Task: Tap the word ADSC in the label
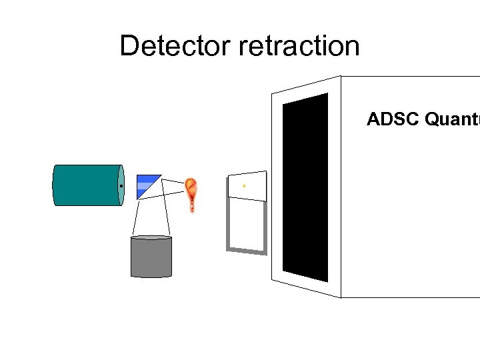point(386,119)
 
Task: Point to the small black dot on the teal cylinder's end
point(121,186)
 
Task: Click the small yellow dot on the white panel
point(244,185)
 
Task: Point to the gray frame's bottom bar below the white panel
point(247,251)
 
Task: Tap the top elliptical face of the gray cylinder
point(151,238)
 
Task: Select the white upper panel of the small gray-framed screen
point(247,186)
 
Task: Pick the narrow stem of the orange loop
point(192,205)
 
